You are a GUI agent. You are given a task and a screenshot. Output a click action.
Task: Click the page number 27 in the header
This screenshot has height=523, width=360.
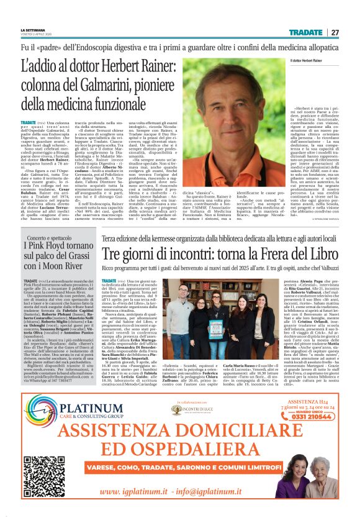pyautogui.click(x=335, y=32)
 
